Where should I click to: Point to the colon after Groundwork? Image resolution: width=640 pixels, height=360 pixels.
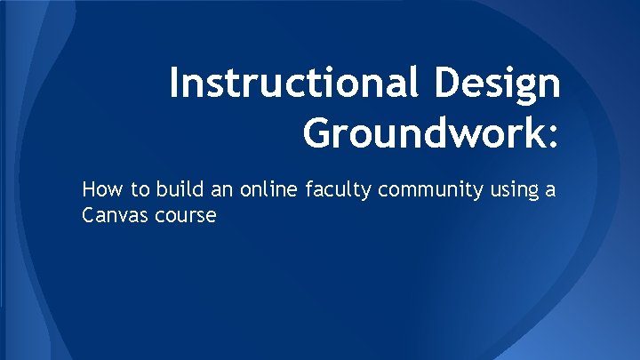(555, 136)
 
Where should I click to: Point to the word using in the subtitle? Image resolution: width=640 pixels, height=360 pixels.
(520, 190)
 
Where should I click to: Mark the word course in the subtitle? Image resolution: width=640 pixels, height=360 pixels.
(186, 216)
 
